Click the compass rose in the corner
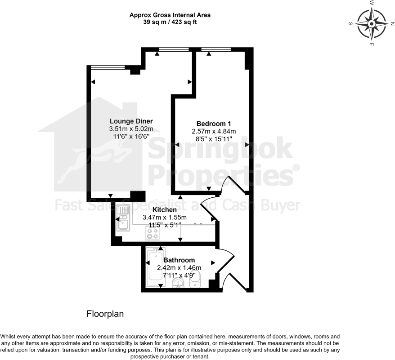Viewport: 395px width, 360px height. [x=372, y=23]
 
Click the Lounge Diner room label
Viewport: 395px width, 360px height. [x=131, y=121]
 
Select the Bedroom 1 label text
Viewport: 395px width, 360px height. [x=214, y=124]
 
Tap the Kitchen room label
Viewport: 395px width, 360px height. [x=164, y=210]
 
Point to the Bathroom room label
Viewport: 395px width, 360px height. [x=179, y=260]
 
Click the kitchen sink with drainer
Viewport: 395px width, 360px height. [x=123, y=218]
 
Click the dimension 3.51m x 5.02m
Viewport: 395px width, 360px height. [x=131, y=129]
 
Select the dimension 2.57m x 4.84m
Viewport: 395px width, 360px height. [x=214, y=131]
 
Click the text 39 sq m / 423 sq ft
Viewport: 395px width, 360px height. [x=170, y=22]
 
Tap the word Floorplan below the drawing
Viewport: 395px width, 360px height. [x=105, y=314]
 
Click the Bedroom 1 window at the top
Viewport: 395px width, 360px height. [x=216, y=49]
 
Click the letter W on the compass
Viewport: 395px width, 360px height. [x=372, y=3]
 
